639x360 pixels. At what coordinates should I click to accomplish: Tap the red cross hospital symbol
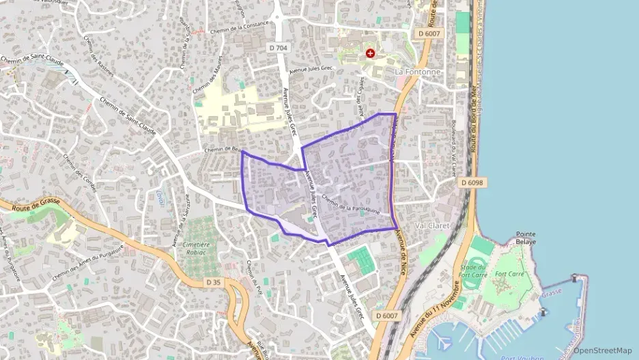click(x=370, y=53)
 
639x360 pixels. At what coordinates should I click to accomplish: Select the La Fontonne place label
click(x=418, y=71)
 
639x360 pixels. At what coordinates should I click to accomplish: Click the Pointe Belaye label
click(x=526, y=237)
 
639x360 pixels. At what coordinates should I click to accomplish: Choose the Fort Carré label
click(x=509, y=275)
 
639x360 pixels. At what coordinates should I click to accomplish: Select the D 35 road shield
click(x=213, y=281)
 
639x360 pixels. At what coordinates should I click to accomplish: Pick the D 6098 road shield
click(x=472, y=182)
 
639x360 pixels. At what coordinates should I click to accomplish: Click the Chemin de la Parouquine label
click(x=350, y=205)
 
